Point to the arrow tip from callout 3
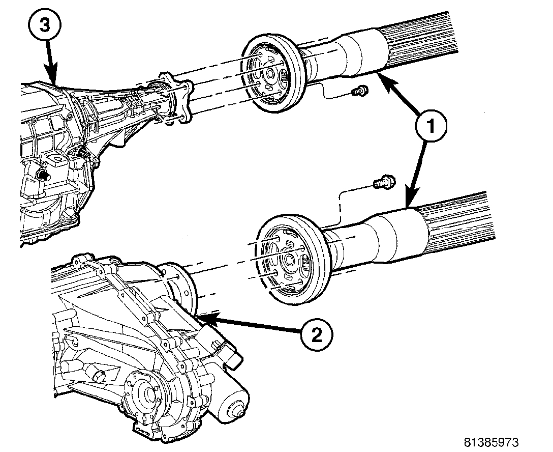coord(53,81)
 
